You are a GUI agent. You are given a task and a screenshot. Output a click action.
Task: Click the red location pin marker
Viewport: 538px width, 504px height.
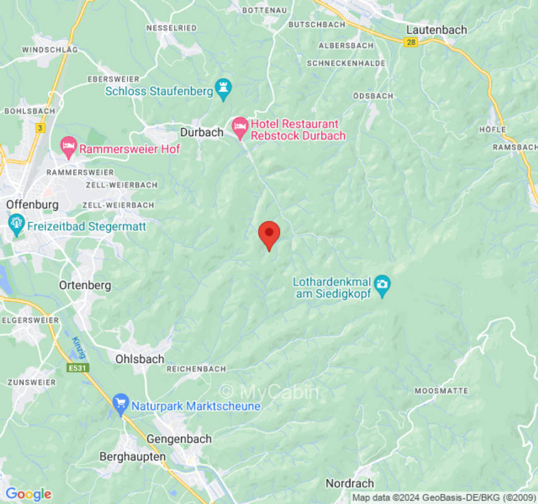(269, 235)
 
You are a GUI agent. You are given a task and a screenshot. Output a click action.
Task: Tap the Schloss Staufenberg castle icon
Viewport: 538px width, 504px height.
(223, 90)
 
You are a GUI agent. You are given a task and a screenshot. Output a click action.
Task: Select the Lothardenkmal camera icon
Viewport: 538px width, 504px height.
(382, 285)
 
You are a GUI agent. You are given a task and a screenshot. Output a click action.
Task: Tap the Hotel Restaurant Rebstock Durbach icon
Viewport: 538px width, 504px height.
(240, 129)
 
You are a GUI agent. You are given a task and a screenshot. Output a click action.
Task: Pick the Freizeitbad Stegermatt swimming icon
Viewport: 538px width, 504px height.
(16, 224)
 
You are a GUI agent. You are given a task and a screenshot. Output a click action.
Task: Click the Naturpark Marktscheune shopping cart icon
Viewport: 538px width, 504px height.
(120, 404)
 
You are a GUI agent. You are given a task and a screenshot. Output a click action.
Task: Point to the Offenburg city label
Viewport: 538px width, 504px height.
(32, 205)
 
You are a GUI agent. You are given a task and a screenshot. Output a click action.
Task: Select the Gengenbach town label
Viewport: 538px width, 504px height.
(179, 439)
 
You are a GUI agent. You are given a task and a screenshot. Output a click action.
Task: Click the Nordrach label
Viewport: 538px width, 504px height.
(349, 483)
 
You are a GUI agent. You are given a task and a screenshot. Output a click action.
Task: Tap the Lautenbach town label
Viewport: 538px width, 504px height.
(436, 30)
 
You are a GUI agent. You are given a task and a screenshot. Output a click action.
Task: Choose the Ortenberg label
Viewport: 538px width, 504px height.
(85, 285)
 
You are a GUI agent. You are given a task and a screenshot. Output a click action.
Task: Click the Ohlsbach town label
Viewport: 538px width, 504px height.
(139, 359)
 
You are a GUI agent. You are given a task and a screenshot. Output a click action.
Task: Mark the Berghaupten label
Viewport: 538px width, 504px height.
(132, 456)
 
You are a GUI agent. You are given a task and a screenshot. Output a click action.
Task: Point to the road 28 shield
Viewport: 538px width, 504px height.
(411, 41)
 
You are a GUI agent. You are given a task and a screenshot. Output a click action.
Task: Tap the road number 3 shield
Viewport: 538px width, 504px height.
(41, 128)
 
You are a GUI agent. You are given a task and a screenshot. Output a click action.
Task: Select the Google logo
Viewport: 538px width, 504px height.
(28, 494)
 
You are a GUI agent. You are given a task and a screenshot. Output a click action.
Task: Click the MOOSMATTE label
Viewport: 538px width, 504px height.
(442, 391)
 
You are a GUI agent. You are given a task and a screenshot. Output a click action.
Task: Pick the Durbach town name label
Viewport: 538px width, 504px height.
(202, 132)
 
